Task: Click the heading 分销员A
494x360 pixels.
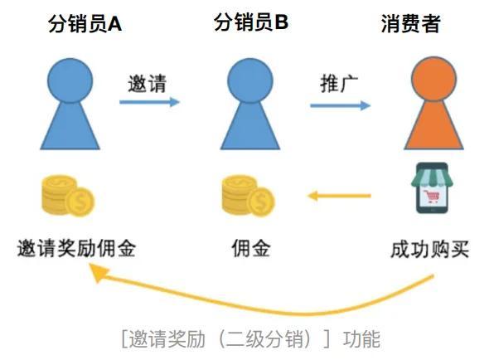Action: point(85,24)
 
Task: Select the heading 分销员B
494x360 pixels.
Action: point(251,22)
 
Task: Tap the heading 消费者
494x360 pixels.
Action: point(410,24)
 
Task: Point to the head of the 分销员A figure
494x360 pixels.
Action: point(70,80)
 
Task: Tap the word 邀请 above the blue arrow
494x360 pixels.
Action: point(147,84)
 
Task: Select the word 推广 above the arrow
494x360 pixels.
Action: point(339,84)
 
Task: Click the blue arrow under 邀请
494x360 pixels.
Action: point(149,102)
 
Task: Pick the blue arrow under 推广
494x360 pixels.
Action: point(341,105)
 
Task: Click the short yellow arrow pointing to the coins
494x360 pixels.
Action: point(339,196)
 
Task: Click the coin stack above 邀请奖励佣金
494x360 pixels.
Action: point(68,196)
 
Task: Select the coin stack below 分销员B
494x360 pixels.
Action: point(249,196)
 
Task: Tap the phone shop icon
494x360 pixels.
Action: point(432,188)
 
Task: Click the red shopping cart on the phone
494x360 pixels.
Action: point(432,197)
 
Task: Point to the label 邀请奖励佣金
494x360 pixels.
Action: point(76,248)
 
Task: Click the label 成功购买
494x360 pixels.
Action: point(429,249)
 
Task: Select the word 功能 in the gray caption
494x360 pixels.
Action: point(361,339)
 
